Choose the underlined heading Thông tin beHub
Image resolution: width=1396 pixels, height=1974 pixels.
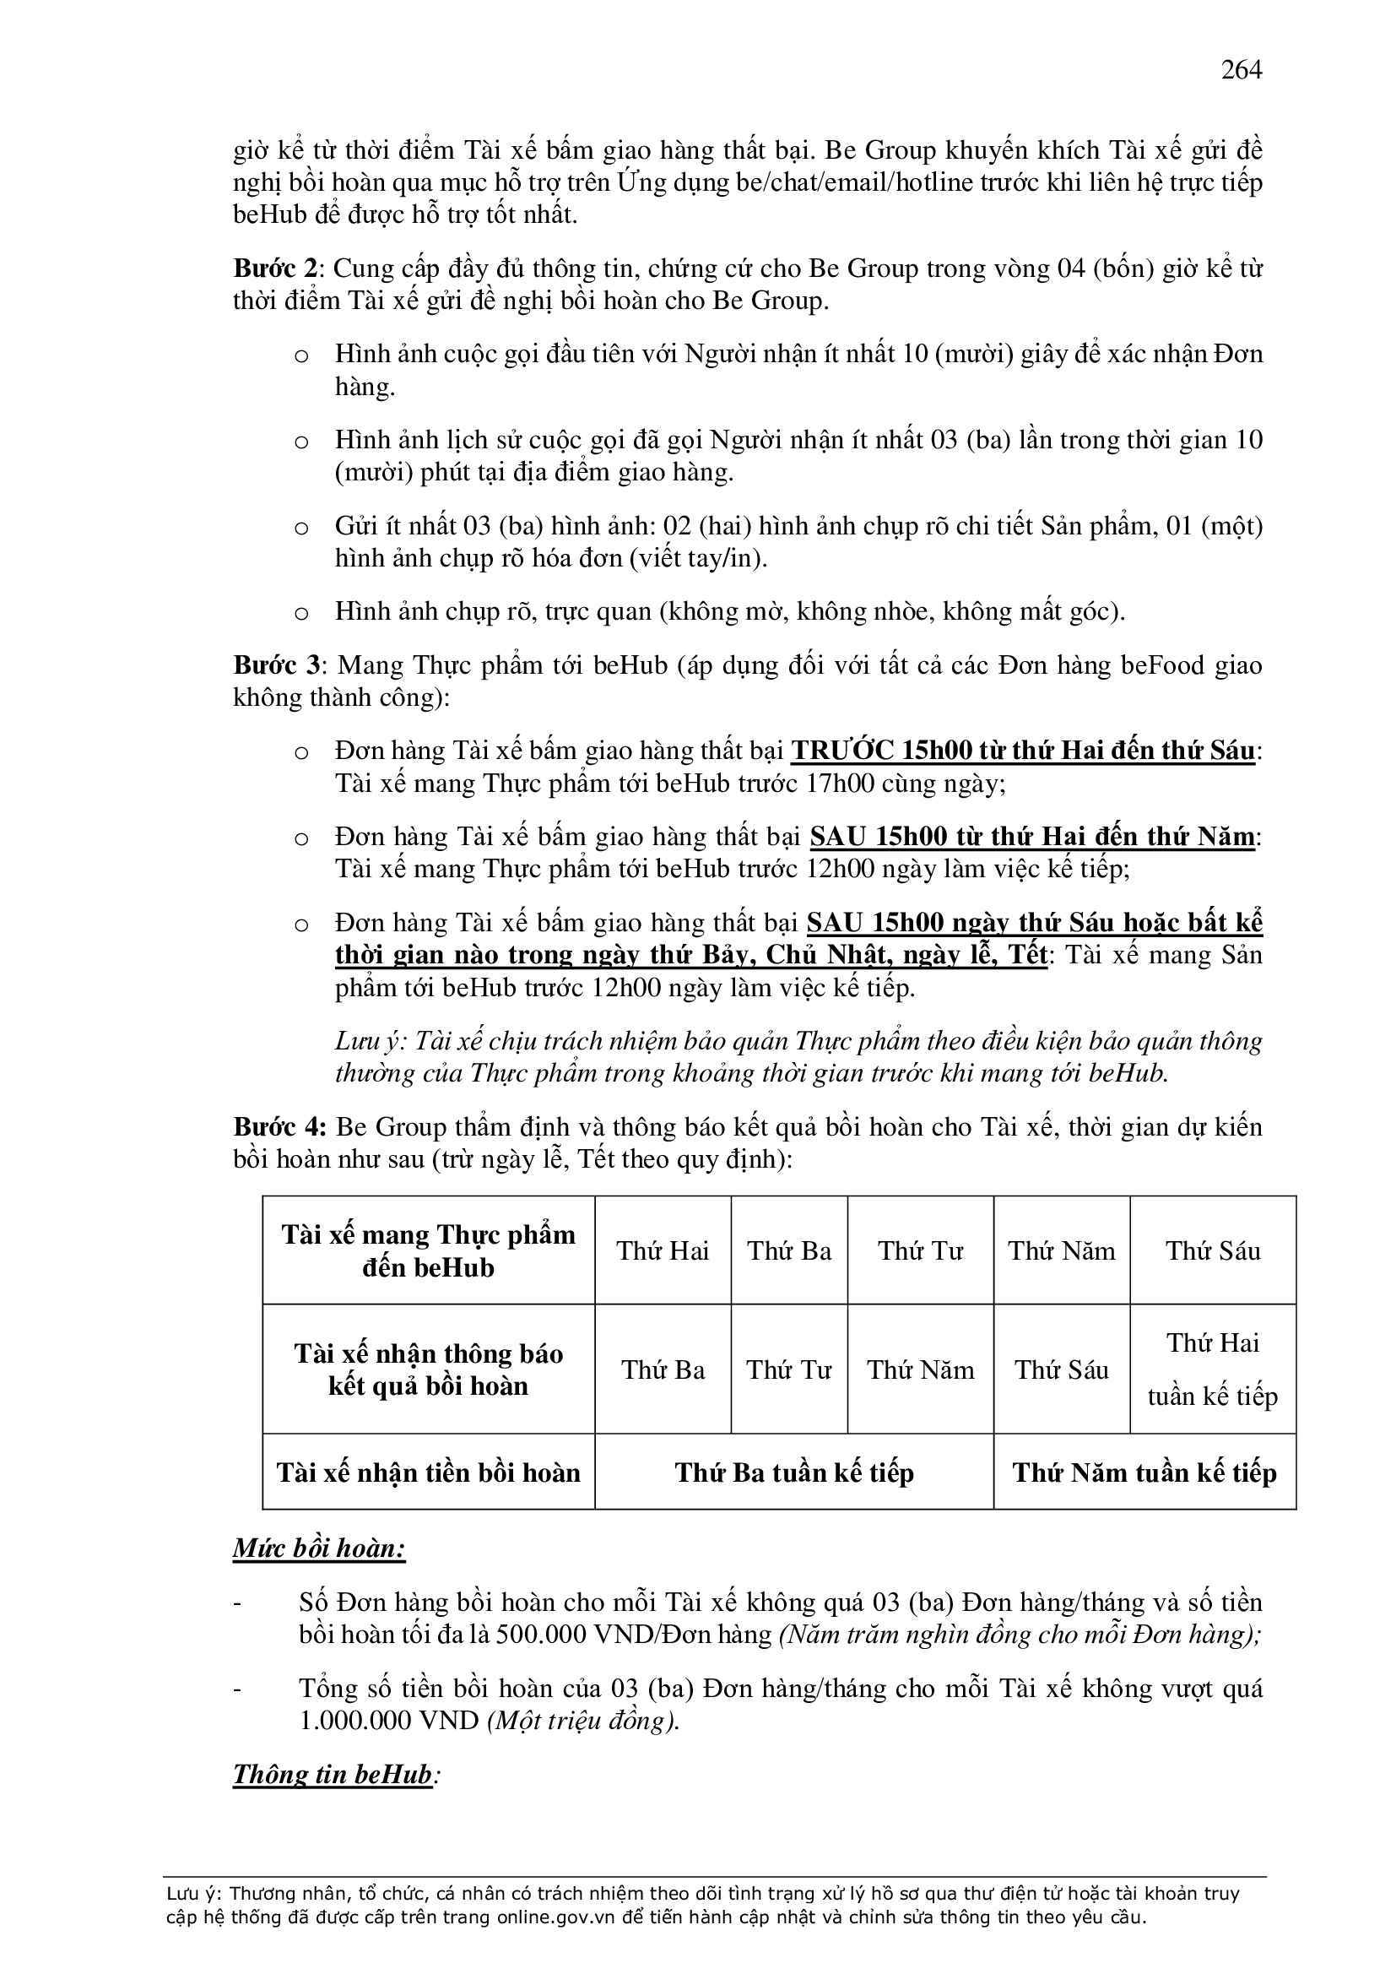333,1775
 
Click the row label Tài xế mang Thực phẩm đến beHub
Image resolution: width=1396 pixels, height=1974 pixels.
428,1250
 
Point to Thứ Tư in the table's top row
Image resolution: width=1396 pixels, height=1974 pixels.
920,1250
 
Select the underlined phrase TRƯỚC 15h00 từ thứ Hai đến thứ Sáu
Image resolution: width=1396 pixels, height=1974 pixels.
1023,751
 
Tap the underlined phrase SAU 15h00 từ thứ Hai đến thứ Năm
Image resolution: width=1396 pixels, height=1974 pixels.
1032,837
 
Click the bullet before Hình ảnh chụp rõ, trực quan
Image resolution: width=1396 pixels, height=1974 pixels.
300,613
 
